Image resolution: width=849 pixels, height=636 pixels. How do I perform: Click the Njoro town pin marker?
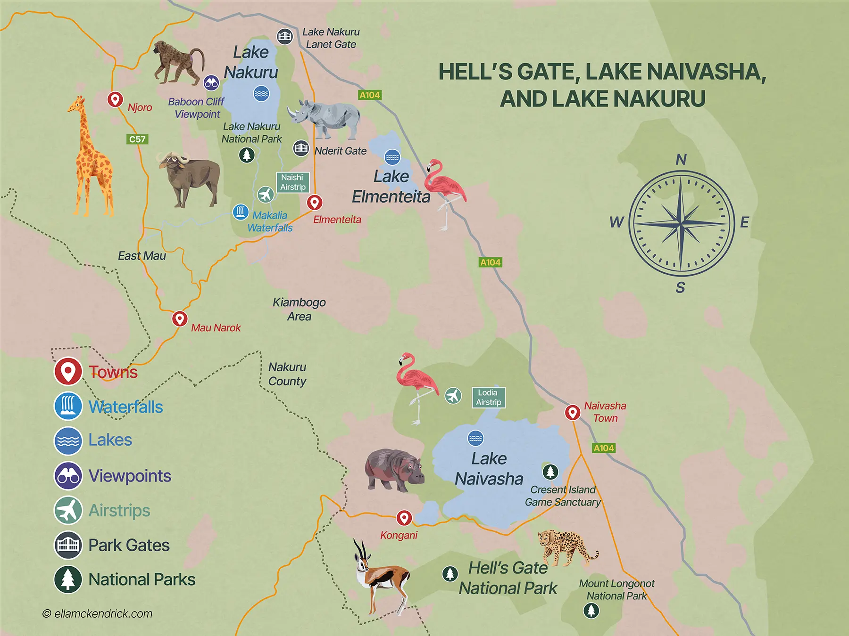(115, 99)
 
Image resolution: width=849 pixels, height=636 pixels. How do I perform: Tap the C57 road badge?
(137, 139)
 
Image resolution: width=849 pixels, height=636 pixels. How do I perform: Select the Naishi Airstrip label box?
(292, 182)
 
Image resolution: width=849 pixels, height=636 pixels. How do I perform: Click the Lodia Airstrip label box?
(488, 398)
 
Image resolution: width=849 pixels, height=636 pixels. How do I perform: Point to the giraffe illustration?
(92, 158)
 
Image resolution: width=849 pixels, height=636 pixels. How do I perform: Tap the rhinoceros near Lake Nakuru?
(325, 118)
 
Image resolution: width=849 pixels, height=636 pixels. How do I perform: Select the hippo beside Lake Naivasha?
(394, 469)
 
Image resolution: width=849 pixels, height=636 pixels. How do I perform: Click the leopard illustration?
(566, 546)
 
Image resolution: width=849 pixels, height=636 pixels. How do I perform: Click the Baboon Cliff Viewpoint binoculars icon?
(211, 83)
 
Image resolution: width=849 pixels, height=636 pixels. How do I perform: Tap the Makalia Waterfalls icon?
(241, 212)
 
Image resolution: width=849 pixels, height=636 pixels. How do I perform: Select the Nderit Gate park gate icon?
(301, 148)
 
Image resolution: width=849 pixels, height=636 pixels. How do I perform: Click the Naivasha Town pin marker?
(573, 412)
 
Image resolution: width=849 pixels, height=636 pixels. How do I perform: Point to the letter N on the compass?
(681, 160)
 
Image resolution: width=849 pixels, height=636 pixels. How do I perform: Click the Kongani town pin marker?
(404, 518)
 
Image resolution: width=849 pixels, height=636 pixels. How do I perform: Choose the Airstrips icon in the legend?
(68, 510)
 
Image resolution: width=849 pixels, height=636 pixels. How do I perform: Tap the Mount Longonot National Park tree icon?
(591, 611)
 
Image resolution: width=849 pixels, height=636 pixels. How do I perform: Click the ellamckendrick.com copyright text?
(98, 614)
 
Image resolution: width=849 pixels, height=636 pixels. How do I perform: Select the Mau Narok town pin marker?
(179, 318)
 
